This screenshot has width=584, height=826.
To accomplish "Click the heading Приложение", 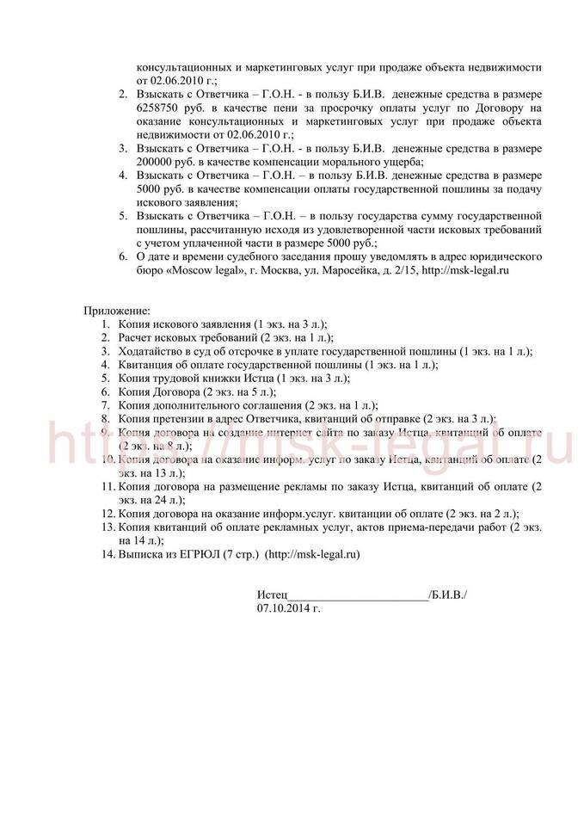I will pyautogui.click(x=117, y=310).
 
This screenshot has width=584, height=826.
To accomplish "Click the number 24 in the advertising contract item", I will pyautogui.click(x=155, y=500).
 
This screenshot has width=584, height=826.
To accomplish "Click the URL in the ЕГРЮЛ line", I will pyautogui.click(x=312, y=555).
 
